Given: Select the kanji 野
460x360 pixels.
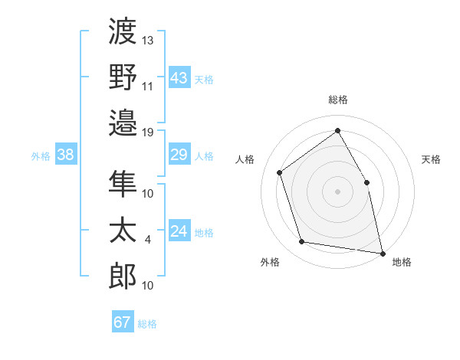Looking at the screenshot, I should (123, 76).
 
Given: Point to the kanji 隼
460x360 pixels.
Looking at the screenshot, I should (123, 183).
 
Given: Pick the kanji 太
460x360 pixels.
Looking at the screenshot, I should (123, 230).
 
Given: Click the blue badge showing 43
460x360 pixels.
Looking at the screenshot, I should (179, 77).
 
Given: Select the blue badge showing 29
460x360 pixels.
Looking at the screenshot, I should (179, 155).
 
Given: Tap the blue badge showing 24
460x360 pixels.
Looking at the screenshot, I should (179, 232).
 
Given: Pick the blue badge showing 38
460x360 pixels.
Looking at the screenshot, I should (66, 155).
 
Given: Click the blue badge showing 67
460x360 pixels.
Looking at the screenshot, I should (123, 322).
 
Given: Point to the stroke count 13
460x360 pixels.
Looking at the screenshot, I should (148, 40).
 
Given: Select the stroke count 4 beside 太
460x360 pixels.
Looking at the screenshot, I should (148, 240).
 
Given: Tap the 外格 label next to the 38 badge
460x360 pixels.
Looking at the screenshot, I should (41, 156).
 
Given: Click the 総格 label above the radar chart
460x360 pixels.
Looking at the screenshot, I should (337, 100).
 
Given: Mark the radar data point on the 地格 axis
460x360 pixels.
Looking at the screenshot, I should (382, 252).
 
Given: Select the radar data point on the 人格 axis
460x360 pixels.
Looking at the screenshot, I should (280, 172).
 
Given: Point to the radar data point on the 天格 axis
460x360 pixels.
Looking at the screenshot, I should (366, 182).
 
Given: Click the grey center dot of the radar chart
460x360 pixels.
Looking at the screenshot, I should (337, 191).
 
